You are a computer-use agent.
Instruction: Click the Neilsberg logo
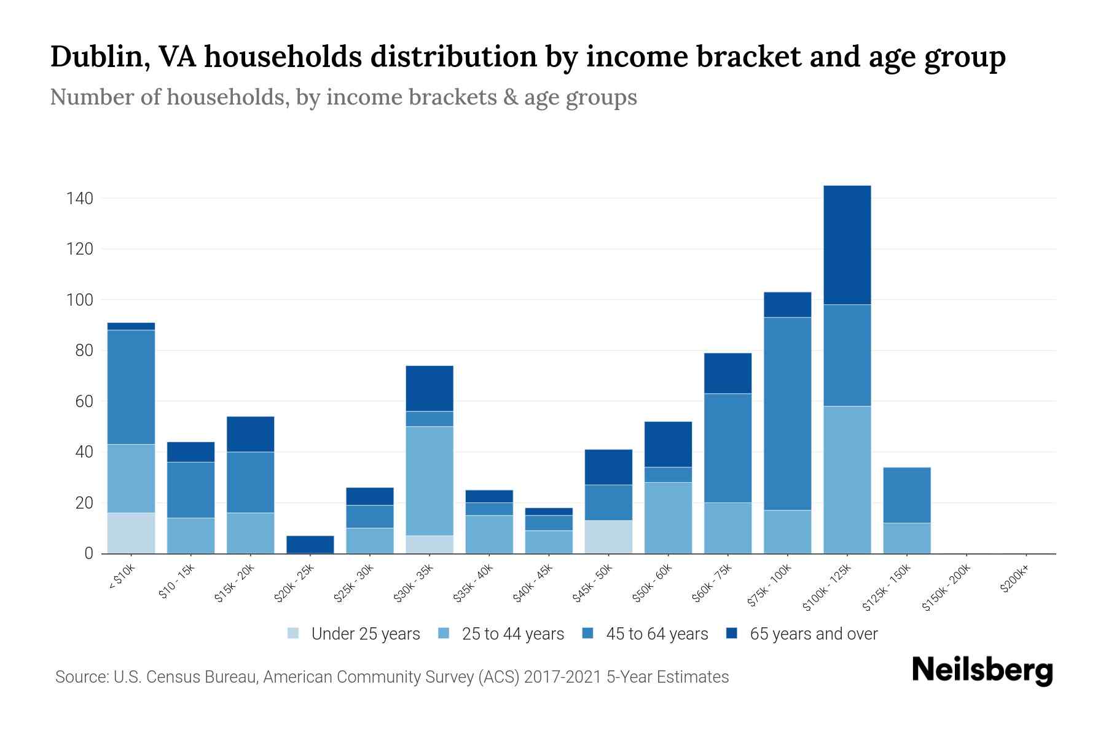982,670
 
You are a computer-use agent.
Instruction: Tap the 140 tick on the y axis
80,199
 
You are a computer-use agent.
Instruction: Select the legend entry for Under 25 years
365,634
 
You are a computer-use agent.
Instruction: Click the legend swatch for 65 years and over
732,633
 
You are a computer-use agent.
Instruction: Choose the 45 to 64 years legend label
657,634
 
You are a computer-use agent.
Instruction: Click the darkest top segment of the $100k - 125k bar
847,245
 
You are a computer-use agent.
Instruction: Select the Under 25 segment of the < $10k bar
131,533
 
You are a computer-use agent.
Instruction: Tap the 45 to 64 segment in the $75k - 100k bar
787,413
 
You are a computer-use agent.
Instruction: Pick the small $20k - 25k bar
310,544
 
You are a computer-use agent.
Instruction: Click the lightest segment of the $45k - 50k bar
608,537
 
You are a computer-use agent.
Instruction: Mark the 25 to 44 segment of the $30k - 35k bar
429,481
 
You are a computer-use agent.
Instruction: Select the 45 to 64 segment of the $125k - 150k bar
906,495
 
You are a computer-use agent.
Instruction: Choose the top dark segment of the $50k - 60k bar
668,444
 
